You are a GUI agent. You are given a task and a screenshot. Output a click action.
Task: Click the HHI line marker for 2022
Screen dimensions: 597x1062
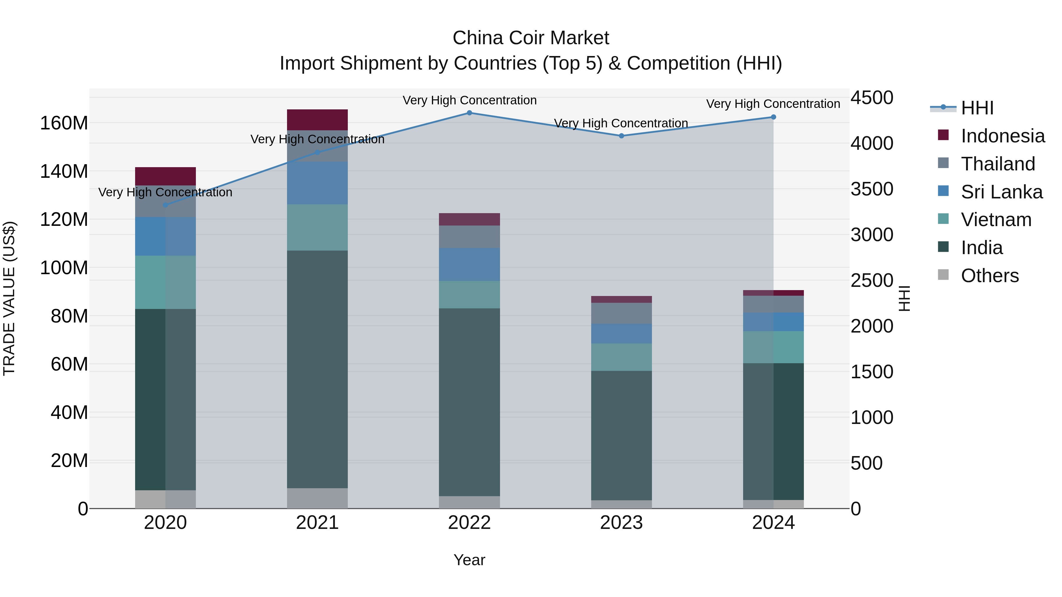469,113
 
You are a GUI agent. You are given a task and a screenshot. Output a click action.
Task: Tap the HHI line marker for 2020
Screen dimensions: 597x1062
165,205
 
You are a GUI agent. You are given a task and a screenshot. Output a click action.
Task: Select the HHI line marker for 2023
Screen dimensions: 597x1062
621,136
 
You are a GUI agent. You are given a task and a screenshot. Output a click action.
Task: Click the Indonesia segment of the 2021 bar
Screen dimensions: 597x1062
317,120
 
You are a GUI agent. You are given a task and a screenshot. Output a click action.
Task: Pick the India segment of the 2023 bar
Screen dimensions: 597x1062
621,435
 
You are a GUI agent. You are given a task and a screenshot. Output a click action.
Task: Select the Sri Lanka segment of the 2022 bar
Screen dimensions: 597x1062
469,264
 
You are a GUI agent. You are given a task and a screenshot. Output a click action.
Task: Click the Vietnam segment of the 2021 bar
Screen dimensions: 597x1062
317,227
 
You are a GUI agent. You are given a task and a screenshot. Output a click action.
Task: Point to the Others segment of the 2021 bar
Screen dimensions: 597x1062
317,498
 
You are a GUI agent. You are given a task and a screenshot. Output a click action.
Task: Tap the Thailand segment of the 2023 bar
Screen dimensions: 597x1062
621,313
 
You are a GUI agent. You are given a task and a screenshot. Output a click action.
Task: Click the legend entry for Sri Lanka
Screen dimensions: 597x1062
1002,192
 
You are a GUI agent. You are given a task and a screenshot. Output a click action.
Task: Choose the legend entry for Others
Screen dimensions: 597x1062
989,276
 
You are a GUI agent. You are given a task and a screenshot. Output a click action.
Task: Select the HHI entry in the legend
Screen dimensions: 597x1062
977,108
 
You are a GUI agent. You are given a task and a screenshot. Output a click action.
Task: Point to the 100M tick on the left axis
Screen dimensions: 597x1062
64,268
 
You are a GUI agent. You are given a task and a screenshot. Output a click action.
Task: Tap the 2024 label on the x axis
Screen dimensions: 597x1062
773,523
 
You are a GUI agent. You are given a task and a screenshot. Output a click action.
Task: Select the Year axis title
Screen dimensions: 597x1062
469,560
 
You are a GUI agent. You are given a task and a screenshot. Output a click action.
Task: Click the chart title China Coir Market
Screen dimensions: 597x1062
531,38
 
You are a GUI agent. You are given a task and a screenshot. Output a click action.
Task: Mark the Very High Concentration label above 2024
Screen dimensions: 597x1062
773,104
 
